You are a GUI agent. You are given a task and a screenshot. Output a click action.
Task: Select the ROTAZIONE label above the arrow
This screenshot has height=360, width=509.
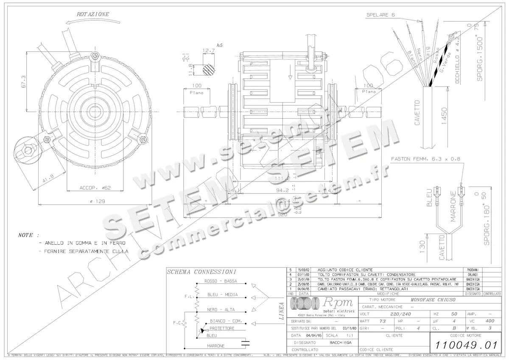click(x=92, y=14)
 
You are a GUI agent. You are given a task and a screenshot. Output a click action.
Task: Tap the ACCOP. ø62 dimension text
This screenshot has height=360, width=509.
click(x=95, y=187)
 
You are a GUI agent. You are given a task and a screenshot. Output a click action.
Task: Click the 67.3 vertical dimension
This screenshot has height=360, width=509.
click(x=23, y=82)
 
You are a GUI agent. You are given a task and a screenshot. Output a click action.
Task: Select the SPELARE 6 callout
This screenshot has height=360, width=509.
click(x=380, y=15)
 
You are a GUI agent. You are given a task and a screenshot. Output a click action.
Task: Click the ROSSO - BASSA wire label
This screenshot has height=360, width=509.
click(x=221, y=281)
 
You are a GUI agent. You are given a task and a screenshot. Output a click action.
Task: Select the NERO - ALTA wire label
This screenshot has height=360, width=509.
click(x=221, y=310)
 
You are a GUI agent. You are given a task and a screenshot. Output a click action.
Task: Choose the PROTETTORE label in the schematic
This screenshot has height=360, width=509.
click(x=222, y=328)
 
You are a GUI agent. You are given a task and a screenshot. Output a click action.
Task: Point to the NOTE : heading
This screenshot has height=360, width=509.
click(x=28, y=235)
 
